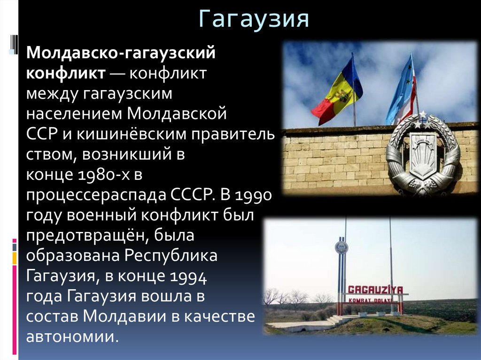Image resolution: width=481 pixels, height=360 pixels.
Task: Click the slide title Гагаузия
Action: [x=254, y=19]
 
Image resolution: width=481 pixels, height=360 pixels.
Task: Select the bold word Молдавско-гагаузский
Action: [x=121, y=53]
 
